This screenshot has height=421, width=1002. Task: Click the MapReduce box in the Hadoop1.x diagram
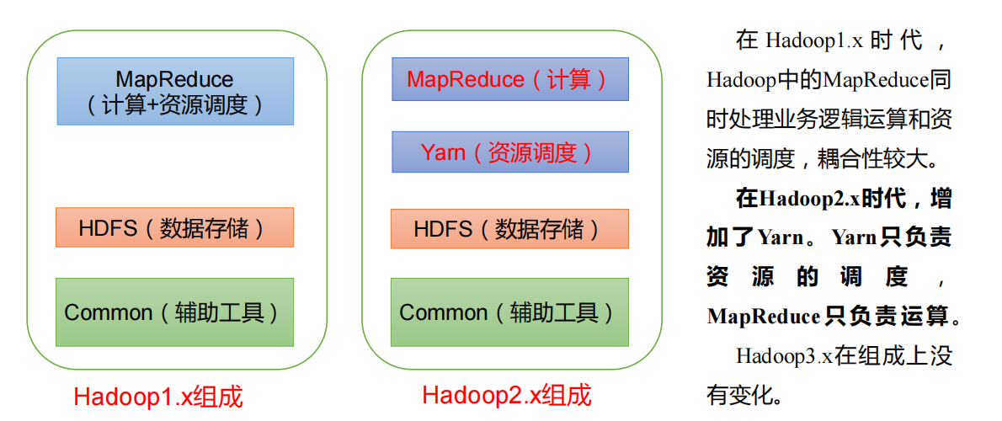pyautogui.click(x=175, y=91)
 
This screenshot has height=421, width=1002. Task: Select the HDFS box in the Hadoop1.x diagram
pyautogui.click(x=175, y=227)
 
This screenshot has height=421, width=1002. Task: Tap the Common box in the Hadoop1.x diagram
pyautogui.click(x=175, y=312)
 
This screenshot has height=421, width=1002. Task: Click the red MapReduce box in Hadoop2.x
pyautogui.click(x=509, y=79)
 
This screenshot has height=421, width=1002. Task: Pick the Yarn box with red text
pyautogui.click(x=509, y=152)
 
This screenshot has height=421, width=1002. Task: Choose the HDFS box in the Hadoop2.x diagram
pyautogui.click(x=509, y=228)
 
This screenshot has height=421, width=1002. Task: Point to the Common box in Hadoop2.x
pyautogui.click(x=509, y=312)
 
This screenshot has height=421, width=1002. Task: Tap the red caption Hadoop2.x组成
pyautogui.click(x=507, y=395)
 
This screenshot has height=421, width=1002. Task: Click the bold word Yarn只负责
pyautogui.click(x=892, y=237)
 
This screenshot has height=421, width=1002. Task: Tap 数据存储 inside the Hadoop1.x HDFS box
pyautogui.click(x=211, y=227)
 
